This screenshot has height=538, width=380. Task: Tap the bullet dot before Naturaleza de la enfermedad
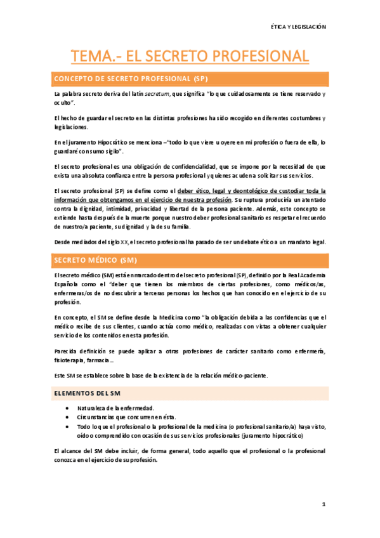[x=67, y=408]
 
